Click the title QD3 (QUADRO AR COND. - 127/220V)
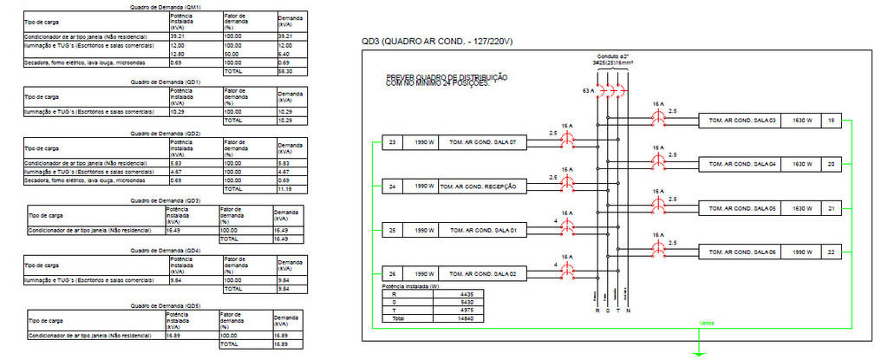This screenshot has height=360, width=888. click(437, 41)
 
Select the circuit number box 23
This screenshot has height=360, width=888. click(392, 142)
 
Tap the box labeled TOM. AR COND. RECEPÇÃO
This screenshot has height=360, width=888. click(478, 186)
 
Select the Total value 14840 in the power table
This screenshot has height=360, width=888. click(466, 318)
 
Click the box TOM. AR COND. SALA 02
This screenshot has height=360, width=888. click(478, 273)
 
